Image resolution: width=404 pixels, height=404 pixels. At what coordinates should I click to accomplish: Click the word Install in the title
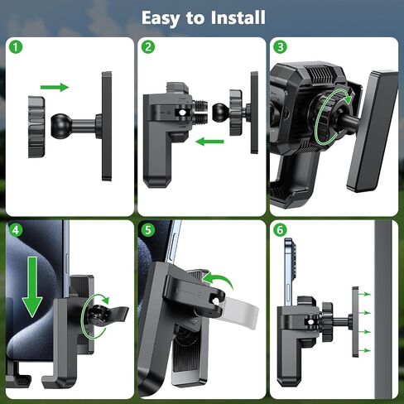238,17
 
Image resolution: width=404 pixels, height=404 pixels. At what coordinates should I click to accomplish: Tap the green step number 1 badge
16,47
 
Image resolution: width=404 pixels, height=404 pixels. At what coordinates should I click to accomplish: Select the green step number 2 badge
148,47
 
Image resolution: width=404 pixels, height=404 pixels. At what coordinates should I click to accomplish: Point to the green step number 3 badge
280,47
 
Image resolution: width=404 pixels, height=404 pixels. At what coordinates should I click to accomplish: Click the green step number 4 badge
16,230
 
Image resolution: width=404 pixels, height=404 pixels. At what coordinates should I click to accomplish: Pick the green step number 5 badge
148,230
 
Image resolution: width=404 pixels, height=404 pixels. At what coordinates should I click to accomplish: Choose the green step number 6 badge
280,230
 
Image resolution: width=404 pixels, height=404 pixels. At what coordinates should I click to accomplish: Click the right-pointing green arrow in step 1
55,87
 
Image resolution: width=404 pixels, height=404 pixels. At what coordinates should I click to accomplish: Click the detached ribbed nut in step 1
36,127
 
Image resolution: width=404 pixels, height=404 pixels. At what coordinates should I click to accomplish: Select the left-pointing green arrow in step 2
209,142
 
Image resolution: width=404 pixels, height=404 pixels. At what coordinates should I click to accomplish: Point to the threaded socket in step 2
200,113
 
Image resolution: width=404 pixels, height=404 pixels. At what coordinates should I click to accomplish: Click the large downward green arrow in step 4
32,287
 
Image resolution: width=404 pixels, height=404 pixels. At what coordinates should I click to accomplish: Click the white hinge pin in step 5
214,301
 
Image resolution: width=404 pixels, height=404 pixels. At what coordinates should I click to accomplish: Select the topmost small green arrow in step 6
365,294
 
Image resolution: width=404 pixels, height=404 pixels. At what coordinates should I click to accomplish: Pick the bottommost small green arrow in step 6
365,350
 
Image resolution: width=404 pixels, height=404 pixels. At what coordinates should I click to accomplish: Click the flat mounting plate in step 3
373,131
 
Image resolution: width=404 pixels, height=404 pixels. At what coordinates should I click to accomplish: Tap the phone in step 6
290,272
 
